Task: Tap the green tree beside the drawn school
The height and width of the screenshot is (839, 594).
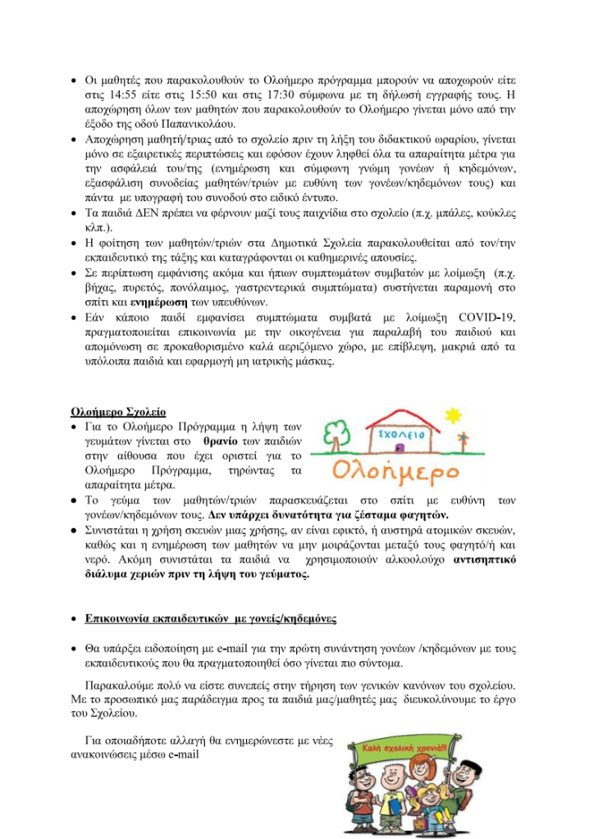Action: pyautogui.click(x=336, y=433)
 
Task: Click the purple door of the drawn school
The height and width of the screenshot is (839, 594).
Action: pyautogui.click(x=399, y=449)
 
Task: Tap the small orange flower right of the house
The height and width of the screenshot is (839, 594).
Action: pyautogui.click(x=464, y=436)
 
